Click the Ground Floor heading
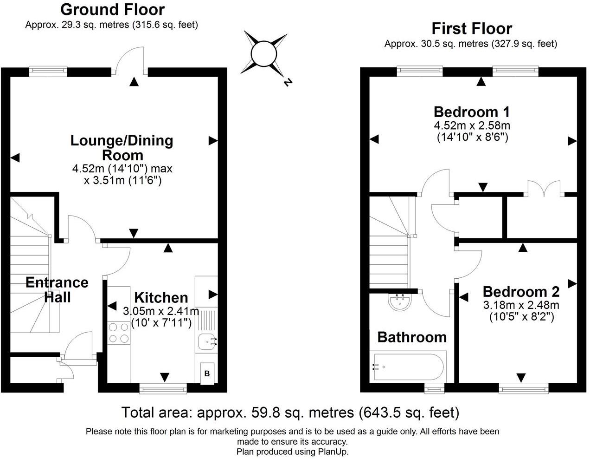[x=112, y=9]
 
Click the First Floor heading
[x=471, y=28]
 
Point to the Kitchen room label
[x=161, y=297]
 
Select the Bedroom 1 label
[x=471, y=112]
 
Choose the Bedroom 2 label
[x=521, y=292]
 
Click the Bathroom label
[x=411, y=337]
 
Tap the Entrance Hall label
[x=57, y=289]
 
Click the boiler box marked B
[x=207, y=373]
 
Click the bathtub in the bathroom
[x=408, y=367]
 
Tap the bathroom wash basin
[x=400, y=302]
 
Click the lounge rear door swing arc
[x=130, y=59]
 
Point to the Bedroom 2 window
[x=524, y=387]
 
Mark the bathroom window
[x=434, y=388]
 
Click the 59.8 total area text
[x=290, y=412]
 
